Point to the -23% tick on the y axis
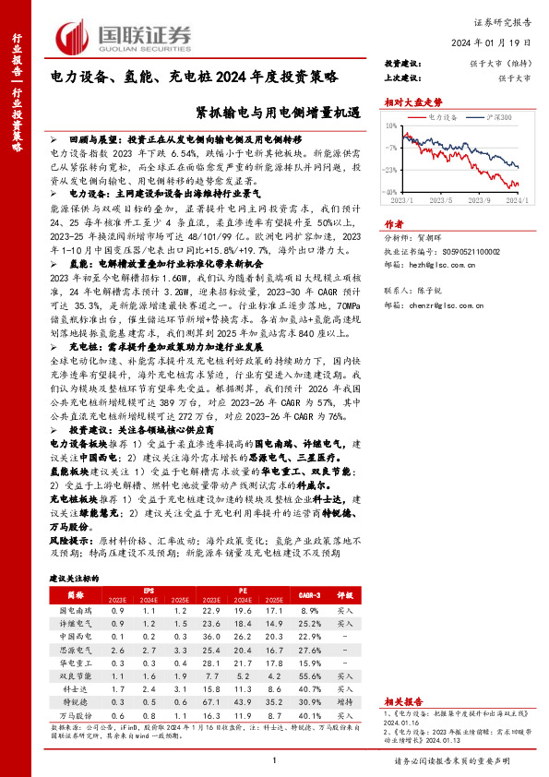[389, 171]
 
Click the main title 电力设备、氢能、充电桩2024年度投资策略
[194, 78]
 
